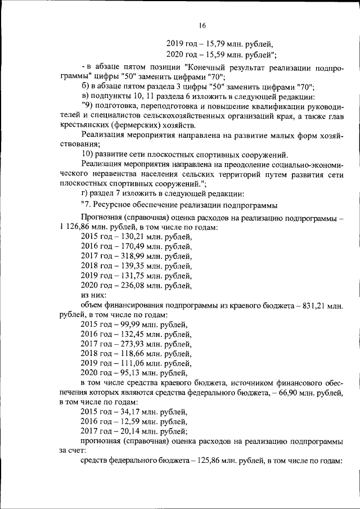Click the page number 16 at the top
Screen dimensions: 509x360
pyautogui.click(x=202, y=25)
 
